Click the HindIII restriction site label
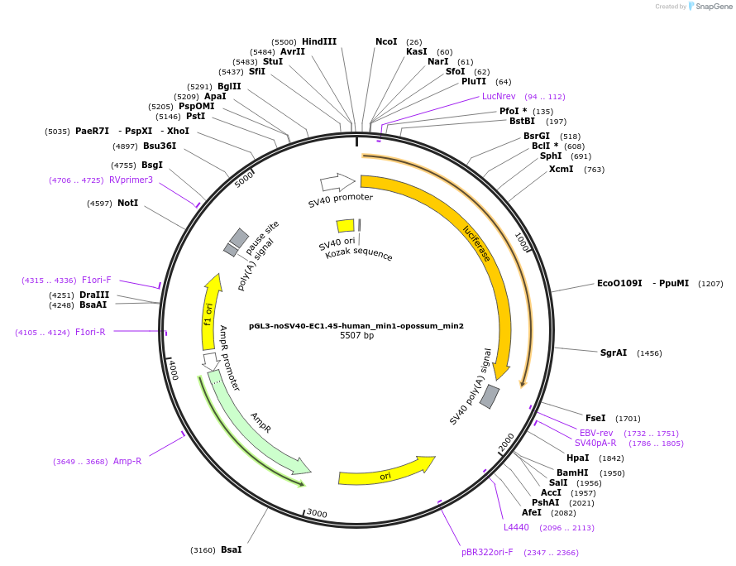pyautogui.click(x=319, y=41)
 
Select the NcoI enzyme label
pyautogui.click(x=386, y=41)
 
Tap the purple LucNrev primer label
pyautogui.click(x=499, y=96)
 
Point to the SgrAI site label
pyautogui.click(x=614, y=353)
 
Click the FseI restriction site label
pyautogui.click(x=595, y=418)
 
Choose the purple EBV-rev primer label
pyautogui.click(x=596, y=433)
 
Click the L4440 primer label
pyautogui.click(x=516, y=527)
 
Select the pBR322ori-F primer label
pyautogui.click(x=487, y=552)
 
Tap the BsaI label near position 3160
pyautogui.click(x=231, y=549)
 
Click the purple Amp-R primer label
pyautogui.click(x=127, y=461)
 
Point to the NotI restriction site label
pyautogui.click(x=128, y=203)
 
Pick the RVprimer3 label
pyautogui.click(x=131, y=180)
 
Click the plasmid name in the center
pyautogui.click(x=356, y=326)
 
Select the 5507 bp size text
pyautogui.click(x=356, y=336)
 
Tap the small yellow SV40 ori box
pyautogui.click(x=345, y=226)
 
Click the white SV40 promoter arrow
pyautogui.click(x=337, y=182)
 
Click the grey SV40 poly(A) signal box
pyautogui.click(x=490, y=396)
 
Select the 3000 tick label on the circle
pyautogui.click(x=317, y=513)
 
